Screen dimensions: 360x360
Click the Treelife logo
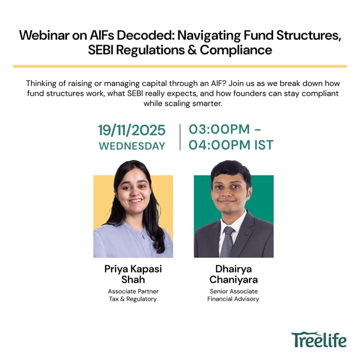click(319, 339)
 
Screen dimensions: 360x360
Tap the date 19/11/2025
click(132, 130)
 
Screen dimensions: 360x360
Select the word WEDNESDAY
click(132, 146)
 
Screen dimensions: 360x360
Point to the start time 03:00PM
click(219, 129)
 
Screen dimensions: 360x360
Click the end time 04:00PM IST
click(231, 145)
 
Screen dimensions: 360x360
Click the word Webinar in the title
click(45, 36)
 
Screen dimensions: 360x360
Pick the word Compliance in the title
click(236, 50)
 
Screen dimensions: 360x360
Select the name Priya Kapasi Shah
click(133, 274)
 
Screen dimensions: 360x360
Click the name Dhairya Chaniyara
click(234, 274)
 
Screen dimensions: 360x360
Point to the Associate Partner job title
click(133, 291)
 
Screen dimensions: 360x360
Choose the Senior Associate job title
click(233, 291)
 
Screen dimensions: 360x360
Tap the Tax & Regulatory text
click(133, 299)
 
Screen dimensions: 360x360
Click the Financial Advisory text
click(233, 299)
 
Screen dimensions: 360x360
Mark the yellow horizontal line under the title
click(180, 66)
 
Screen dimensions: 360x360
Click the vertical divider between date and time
click(180, 137)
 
